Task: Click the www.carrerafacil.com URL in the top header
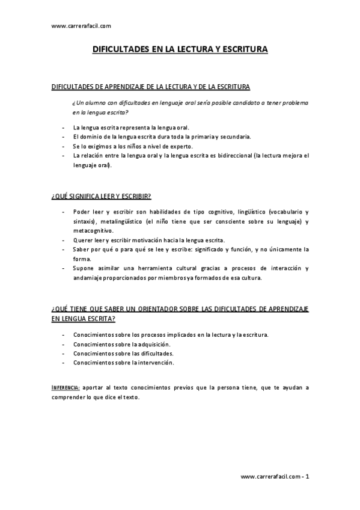(x=82, y=26)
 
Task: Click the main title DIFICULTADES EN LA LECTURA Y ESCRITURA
(x=180, y=52)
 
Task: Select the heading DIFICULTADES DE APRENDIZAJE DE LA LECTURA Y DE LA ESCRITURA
(x=151, y=87)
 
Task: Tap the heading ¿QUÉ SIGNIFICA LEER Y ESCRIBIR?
(x=101, y=196)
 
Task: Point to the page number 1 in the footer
(x=307, y=476)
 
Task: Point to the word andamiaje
(x=89, y=277)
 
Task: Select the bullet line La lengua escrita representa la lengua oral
(x=131, y=127)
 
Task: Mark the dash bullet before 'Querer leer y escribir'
(x=64, y=240)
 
